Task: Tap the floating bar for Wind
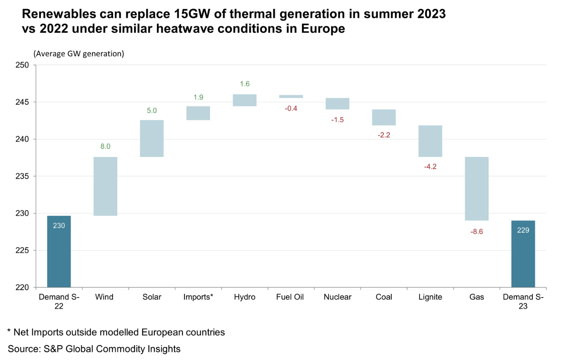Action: pos(105,186)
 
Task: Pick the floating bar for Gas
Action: pos(476,189)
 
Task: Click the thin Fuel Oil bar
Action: pos(291,97)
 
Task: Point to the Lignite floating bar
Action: pos(430,141)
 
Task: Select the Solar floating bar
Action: pos(152,138)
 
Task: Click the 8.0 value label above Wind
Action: pos(105,146)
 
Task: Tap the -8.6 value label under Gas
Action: pos(476,232)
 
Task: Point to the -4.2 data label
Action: pos(430,166)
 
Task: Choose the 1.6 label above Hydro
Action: pos(245,84)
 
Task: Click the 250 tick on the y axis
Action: pos(23,65)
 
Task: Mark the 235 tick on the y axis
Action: pos(23,176)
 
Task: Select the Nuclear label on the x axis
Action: pos(337,297)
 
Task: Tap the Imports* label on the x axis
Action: pos(198,297)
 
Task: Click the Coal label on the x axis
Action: pos(384,297)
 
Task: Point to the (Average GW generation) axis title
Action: pos(79,54)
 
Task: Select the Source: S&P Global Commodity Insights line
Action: pos(94,349)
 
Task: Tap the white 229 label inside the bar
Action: pos(523,230)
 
